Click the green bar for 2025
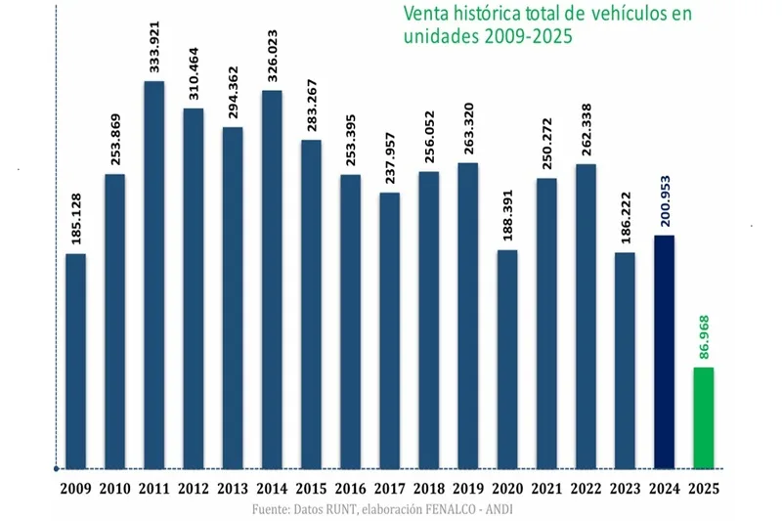(703, 417)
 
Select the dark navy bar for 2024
(664, 351)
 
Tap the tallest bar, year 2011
(153, 274)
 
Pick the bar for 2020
(506, 359)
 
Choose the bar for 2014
(272, 279)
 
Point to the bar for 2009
(75, 361)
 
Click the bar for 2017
(389, 330)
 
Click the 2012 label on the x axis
(193, 488)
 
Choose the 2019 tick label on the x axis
(467, 488)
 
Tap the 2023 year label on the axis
(624, 488)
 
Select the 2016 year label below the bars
(350, 488)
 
